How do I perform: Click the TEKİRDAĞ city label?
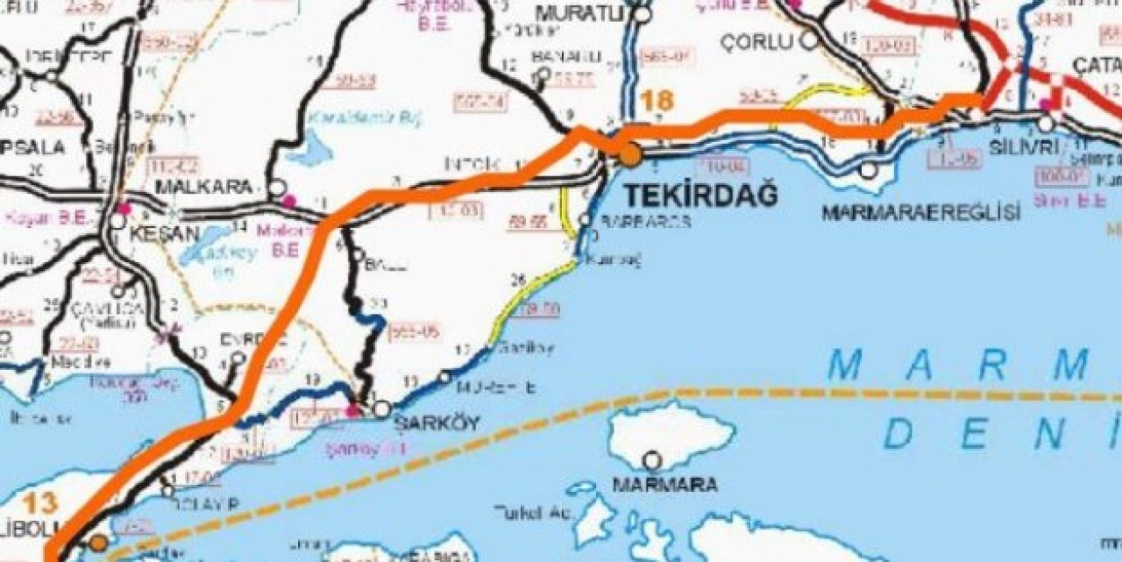pyautogui.click(x=700, y=196)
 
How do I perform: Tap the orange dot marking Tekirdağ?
pyautogui.click(x=630, y=156)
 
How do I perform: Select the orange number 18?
pyautogui.click(x=657, y=100)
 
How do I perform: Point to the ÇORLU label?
pyautogui.click(x=756, y=41)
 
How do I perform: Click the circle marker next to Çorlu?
pyautogui.click(x=809, y=40)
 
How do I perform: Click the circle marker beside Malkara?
pyautogui.click(x=276, y=188)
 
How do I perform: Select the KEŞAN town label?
pyautogui.click(x=165, y=236)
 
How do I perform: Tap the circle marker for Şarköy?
pyautogui.click(x=382, y=409)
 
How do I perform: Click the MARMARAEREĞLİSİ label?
pyautogui.click(x=921, y=212)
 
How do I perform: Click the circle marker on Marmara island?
pyautogui.click(x=652, y=459)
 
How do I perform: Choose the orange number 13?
pyautogui.click(x=40, y=502)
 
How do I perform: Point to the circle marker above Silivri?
pyautogui.click(x=1046, y=124)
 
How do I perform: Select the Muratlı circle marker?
pyautogui.click(x=643, y=14)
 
